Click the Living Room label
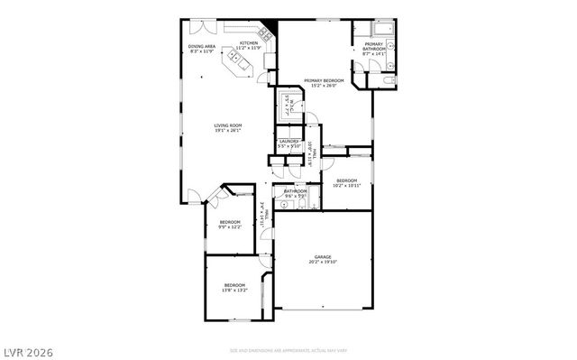coord(227,125)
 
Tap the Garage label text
coord(323,257)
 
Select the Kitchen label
coord(248,42)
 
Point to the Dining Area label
coord(201,46)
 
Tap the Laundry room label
coord(288,141)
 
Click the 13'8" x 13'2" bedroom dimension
coord(234,291)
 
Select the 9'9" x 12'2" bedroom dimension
coord(230,226)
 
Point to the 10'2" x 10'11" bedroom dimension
coord(347,186)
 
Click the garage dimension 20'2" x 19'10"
coord(323,263)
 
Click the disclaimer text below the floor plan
coord(288,348)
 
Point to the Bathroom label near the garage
coord(296,190)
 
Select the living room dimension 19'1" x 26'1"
coord(227,131)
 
